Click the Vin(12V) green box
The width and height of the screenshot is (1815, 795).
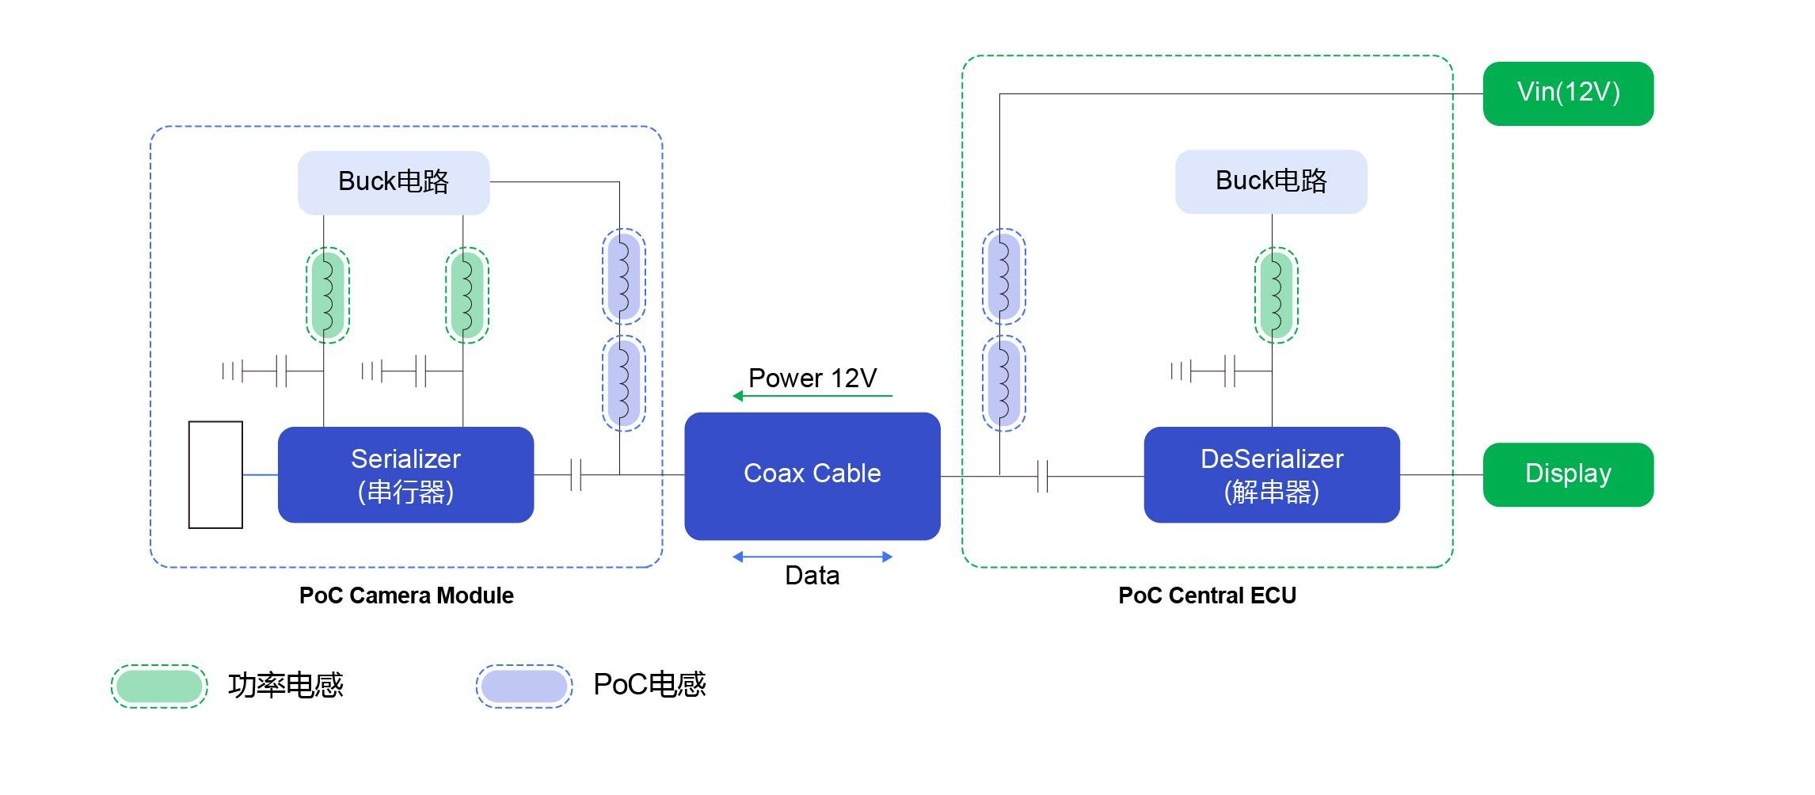1567,93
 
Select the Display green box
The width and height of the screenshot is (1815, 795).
1567,474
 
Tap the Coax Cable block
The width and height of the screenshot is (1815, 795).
812,475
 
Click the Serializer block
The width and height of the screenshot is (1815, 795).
405,474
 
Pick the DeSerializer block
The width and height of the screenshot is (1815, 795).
1271,474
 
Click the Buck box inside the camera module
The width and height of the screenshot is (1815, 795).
393,182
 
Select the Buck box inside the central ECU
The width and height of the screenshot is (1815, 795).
1270,181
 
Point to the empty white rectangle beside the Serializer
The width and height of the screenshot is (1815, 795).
215,474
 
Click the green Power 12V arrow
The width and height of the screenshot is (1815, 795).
812,396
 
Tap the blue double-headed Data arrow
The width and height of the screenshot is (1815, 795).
812,557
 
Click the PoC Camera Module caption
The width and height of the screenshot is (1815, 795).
406,595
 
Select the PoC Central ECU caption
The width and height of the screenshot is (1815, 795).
1207,595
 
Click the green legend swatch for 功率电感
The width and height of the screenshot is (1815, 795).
159,686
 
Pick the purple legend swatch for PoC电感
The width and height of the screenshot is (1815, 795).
523,686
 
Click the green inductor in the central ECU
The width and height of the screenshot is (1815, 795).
1276,295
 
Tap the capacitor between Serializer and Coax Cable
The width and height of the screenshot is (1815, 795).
576,475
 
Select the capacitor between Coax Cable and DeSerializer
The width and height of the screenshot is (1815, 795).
1042,476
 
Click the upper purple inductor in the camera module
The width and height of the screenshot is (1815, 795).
623,276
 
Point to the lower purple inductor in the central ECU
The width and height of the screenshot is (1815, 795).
1003,383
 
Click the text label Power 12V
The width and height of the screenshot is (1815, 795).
812,378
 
